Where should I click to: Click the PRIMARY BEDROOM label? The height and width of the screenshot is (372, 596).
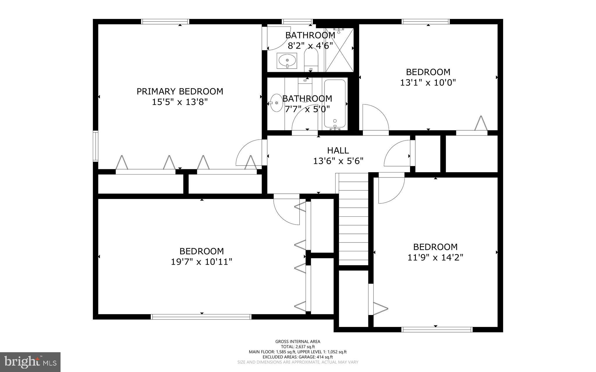(180, 91)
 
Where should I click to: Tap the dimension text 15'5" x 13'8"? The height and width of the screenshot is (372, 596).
(180, 102)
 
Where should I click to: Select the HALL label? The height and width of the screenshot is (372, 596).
(338, 150)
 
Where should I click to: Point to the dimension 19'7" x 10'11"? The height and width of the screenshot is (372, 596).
(201, 262)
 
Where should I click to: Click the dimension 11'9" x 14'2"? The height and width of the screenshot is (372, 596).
(435, 258)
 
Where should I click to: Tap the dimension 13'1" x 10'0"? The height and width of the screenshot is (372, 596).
(428, 83)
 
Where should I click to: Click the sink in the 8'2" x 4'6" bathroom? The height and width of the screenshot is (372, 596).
(287, 61)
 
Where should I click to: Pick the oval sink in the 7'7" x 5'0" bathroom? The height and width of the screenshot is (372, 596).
(276, 103)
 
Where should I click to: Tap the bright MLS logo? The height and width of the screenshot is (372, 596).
(30, 362)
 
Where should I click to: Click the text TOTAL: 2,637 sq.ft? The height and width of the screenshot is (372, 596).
(298, 347)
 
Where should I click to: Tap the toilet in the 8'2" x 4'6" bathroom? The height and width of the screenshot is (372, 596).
(311, 60)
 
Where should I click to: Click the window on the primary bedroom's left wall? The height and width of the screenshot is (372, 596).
(95, 146)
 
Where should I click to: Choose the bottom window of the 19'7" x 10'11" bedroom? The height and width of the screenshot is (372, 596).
(201, 317)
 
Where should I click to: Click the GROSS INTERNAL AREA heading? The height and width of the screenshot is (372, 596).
(298, 341)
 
